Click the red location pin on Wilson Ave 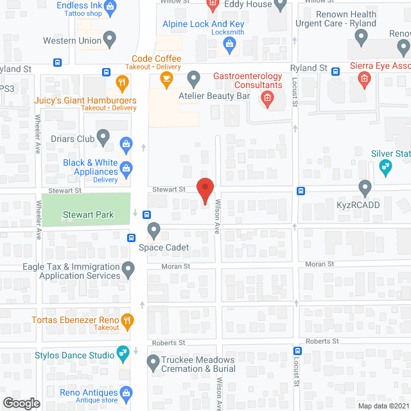(205, 189)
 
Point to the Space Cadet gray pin (153, 229)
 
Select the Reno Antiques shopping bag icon (127, 392)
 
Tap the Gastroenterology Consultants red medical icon (266, 99)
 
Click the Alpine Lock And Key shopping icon (228, 44)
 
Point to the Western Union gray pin (110, 40)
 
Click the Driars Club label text (73, 138)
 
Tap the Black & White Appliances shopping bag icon (127, 169)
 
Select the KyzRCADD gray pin (365, 188)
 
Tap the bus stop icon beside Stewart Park (147, 214)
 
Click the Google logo (21, 403)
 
